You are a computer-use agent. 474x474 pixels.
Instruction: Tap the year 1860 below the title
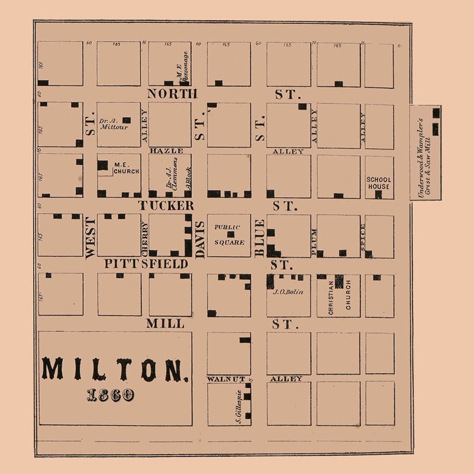coord(110,395)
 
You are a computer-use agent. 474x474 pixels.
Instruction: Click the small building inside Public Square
coord(230,234)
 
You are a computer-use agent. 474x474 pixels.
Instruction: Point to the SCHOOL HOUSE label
coord(379,183)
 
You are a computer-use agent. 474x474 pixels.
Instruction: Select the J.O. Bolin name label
coord(288,292)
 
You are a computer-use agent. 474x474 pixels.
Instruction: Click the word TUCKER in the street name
coord(166,205)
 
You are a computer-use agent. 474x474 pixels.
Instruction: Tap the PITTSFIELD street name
coord(146,264)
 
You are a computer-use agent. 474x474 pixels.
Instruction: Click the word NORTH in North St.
coord(172,94)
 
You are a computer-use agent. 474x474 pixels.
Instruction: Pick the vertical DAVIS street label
coord(200,239)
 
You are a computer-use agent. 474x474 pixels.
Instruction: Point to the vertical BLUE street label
coord(260,237)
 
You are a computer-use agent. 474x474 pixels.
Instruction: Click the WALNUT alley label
coord(226,379)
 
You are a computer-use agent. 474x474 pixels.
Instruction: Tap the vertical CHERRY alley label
coord(145,237)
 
